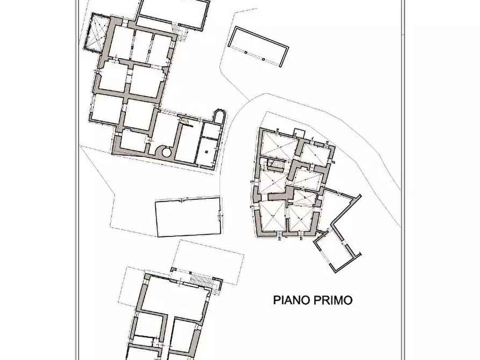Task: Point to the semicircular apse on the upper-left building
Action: pos(219,116)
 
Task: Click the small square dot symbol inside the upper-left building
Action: pos(207,151)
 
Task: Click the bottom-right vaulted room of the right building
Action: pos(302,218)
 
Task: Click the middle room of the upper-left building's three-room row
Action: pos(141,46)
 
